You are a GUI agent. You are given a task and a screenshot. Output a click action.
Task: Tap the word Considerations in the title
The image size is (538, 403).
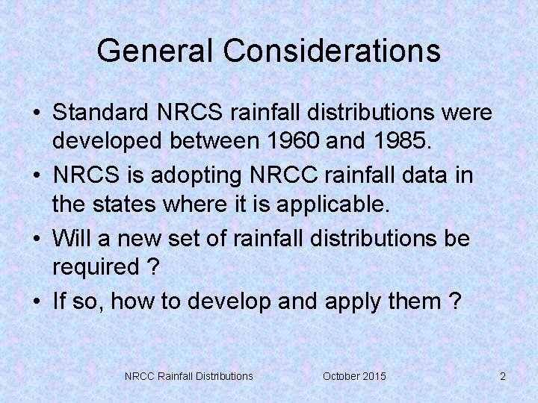[331, 51]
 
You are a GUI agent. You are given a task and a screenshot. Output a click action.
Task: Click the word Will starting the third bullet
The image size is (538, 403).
[71, 239]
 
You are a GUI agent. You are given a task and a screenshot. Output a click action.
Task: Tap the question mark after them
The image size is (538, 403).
[454, 302]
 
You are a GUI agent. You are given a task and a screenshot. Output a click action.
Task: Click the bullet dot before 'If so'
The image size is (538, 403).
[36, 302]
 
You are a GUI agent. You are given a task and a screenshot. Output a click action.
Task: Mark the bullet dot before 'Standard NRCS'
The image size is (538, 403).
[36, 113]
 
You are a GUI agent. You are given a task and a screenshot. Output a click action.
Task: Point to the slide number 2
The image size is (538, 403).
[503, 376]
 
